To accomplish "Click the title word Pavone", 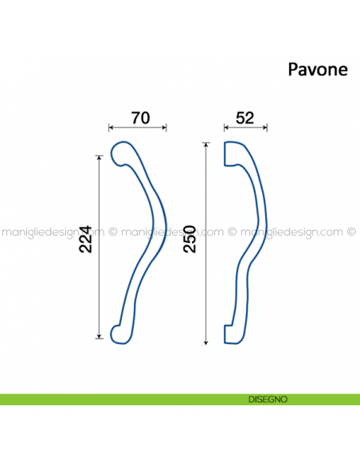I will (317, 69).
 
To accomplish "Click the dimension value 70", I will (140, 118).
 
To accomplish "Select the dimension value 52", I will (245, 118).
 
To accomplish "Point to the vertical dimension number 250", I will (190, 237).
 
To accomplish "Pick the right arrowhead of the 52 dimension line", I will (265, 127).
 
